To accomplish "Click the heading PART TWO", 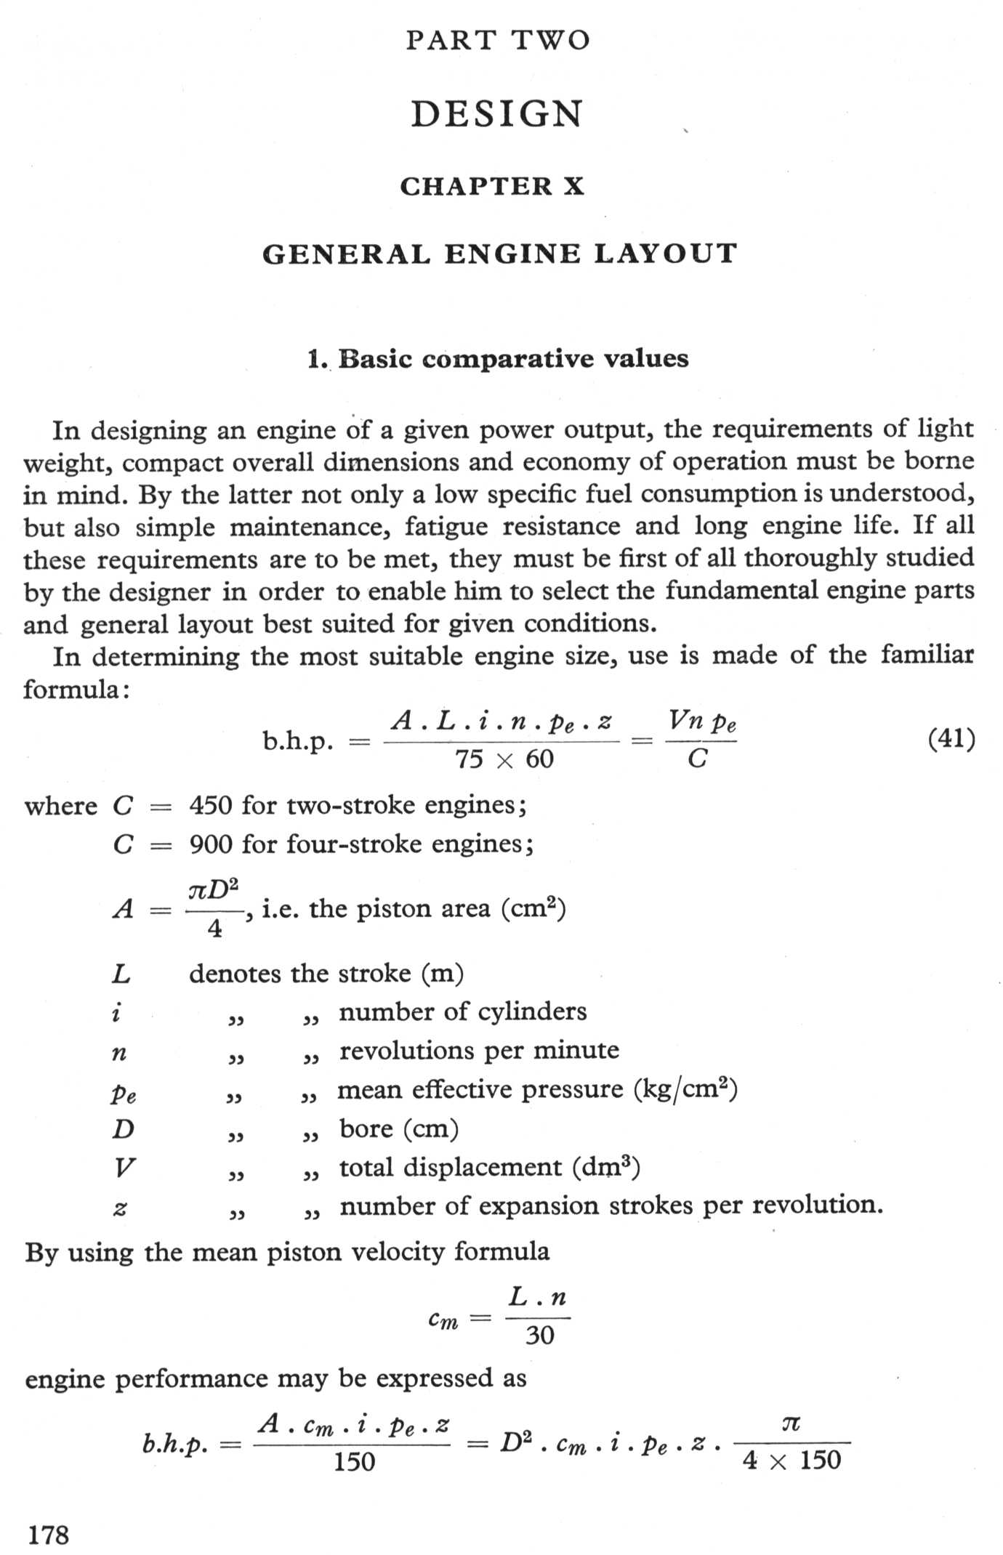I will tap(498, 40).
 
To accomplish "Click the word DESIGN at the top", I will tap(498, 114).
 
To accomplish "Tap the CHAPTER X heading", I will tap(492, 187).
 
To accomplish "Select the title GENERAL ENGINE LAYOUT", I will tap(500, 254).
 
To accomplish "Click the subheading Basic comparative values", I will tap(498, 359).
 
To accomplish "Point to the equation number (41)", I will tap(951, 739).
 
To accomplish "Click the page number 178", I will tap(49, 1535).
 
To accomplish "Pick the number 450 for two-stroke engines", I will tap(211, 805).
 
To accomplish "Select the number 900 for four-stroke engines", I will tap(211, 844).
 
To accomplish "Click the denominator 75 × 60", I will tap(504, 759).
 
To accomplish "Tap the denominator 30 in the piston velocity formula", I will tap(539, 1335).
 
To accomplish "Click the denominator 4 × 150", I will tap(791, 1460).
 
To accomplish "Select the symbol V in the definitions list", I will tap(124, 1168).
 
